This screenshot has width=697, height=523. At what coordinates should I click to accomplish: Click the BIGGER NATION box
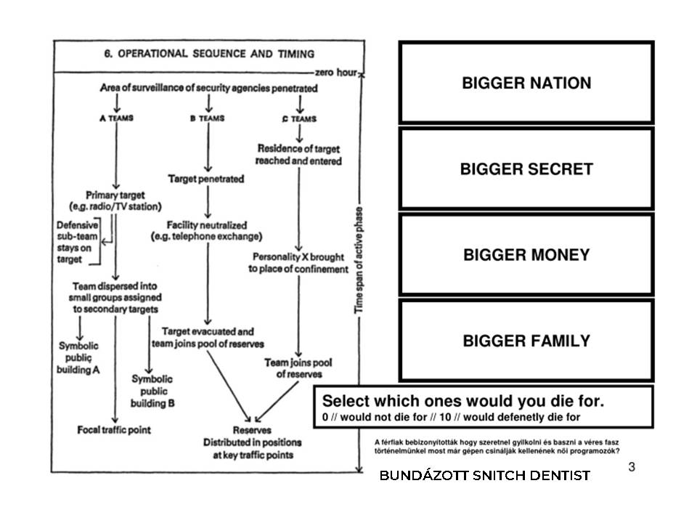point(526,83)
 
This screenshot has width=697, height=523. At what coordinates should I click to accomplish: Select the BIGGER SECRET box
point(526,169)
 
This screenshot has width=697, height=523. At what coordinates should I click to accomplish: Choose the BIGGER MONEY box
point(526,255)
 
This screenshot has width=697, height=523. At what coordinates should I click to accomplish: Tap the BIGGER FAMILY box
point(526,341)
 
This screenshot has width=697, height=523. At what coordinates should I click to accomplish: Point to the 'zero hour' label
point(336,73)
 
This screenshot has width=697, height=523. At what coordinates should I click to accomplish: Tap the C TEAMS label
point(298,118)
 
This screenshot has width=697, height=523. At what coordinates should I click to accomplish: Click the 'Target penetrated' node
point(206,178)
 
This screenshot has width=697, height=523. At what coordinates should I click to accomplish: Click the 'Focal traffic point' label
point(115,430)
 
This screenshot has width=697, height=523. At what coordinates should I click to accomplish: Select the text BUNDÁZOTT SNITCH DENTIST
point(485,476)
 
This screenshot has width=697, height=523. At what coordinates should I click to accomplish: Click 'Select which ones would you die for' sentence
point(463,401)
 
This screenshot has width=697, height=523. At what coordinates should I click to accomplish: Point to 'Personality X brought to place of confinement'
point(298,263)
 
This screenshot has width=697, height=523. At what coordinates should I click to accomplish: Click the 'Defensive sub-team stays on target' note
point(78,242)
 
